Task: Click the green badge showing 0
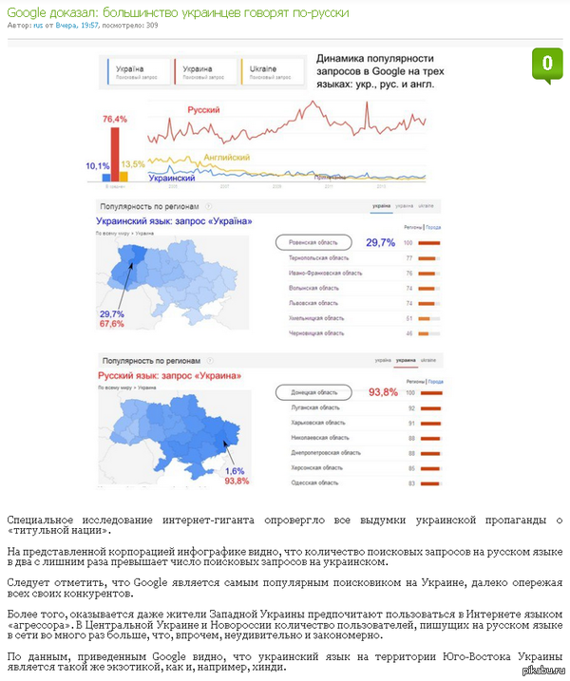click(x=546, y=65)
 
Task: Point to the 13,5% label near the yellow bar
click(x=133, y=164)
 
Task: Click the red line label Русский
click(x=203, y=111)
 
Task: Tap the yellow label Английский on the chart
click(x=227, y=158)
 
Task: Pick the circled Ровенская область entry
click(x=313, y=242)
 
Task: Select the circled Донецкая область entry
click(x=313, y=392)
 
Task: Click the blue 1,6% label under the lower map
click(x=235, y=471)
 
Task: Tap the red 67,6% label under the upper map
click(x=111, y=324)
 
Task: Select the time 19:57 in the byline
click(x=89, y=26)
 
